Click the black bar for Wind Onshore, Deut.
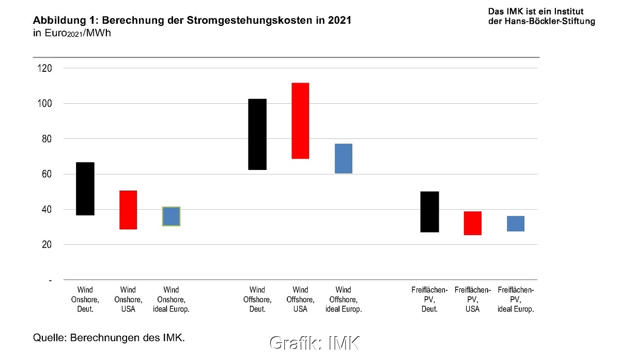click(x=85, y=189)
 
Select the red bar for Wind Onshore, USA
click(x=128, y=210)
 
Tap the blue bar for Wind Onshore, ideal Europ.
click(x=171, y=216)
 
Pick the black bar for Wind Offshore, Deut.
click(x=257, y=134)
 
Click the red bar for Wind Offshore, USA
click(x=300, y=121)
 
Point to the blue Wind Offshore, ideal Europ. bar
click(x=343, y=158)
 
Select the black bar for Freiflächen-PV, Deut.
click(x=430, y=212)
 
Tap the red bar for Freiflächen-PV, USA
click(x=473, y=223)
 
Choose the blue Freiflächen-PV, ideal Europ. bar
click(x=516, y=223)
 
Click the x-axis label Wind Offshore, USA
click(x=300, y=300)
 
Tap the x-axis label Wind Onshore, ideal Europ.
click(x=171, y=300)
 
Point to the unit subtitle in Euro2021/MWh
click(x=72, y=33)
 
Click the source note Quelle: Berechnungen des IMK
click(x=109, y=338)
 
